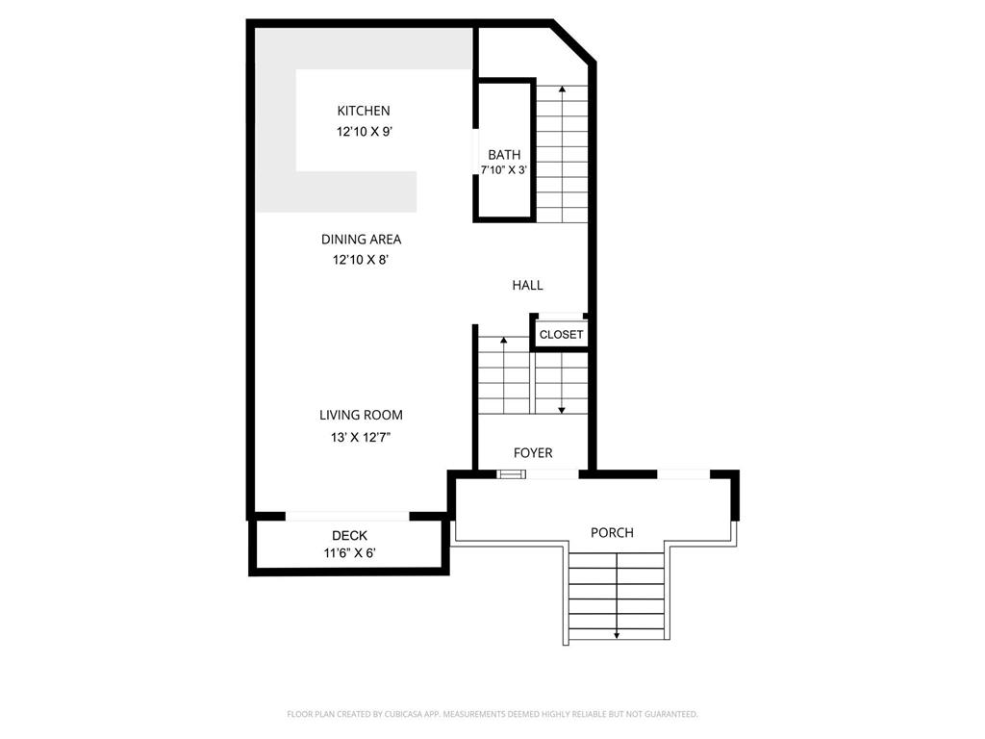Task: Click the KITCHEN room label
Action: pos(363,111)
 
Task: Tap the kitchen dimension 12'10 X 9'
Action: pos(363,132)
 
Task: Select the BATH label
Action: pos(504,155)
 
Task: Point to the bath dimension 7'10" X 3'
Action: pos(504,170)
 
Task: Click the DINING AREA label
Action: pos(361,240)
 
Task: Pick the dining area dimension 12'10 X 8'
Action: pos(361,260)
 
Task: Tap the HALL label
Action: pos(527,285)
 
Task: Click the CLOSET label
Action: pos(561,335)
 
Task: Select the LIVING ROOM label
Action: pos(361,416)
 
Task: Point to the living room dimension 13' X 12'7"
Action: pos(361,437)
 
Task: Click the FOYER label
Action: pos(533,453)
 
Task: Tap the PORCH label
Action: pos(612,532)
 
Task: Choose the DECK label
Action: pos(349,536)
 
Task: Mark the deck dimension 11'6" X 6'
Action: pos(349,553)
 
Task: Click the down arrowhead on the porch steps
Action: pos(616,635)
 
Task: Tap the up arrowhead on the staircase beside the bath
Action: pos(562,89)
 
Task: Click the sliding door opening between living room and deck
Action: pos(347,517)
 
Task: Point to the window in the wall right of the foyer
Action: pos(683,473)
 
